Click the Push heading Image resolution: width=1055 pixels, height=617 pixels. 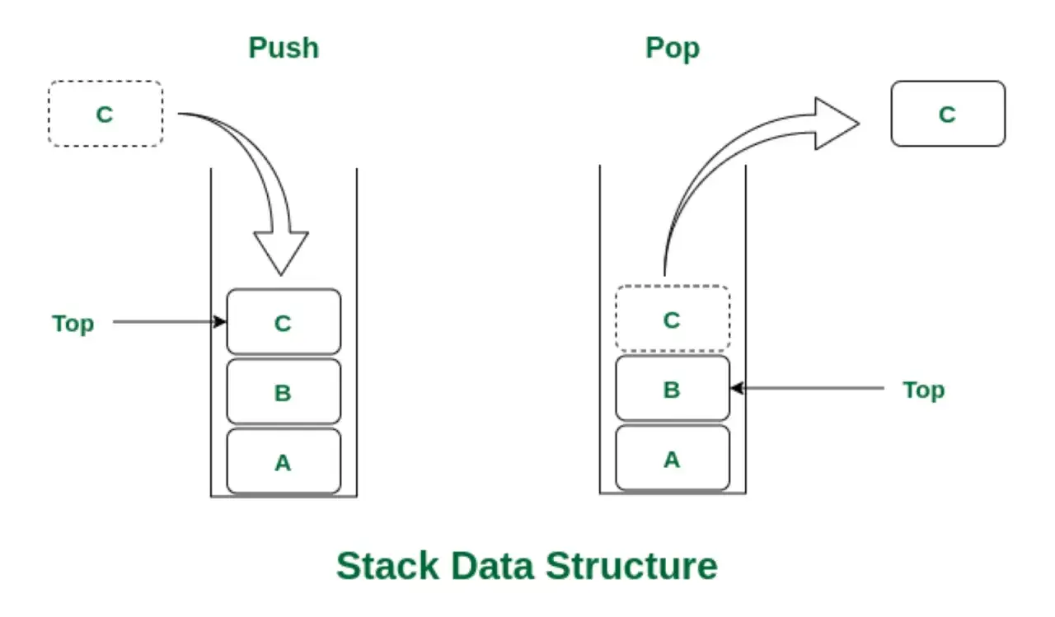point(284,48)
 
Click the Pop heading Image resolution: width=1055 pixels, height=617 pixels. point(672,49)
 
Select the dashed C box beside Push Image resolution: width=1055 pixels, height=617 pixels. point(105,114)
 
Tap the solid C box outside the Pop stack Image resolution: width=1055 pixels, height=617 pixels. point(948,114)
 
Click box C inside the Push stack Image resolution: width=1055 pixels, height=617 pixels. point(284,322)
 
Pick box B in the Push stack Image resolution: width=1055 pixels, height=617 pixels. point(284,391)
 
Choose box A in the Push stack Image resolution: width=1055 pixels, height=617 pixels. point(284,461)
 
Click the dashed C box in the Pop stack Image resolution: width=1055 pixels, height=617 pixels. point(673,319)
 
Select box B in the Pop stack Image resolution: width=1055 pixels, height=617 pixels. point(673,388)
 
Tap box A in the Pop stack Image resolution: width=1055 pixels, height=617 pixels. point(673,458)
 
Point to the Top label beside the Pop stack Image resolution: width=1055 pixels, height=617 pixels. point(924,390)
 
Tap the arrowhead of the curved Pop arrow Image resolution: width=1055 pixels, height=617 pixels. point(836,124)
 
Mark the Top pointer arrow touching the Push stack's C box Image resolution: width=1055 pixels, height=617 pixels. point(170,322)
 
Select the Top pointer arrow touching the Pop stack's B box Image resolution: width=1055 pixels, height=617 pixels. point(807,388)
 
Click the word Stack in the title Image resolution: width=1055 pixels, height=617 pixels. point(387,566)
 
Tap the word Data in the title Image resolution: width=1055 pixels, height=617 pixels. point(492,566)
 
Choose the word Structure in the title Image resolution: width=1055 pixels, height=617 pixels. point(631,566)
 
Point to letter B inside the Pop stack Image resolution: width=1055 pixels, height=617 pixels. point(672,390)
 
